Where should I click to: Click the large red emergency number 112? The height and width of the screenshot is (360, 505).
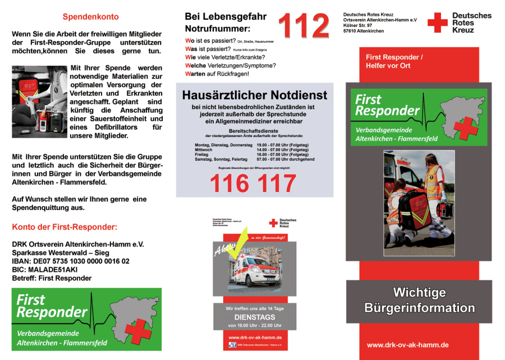coord(304,26)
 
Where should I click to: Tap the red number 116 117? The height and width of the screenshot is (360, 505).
coord(252,183)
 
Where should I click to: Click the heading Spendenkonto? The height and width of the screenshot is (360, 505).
coord(86,17)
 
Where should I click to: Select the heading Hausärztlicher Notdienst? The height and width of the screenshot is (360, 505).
coord(254,95)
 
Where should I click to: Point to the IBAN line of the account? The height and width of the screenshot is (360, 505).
coord(71,261)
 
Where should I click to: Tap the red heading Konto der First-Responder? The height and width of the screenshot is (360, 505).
coord(65,227)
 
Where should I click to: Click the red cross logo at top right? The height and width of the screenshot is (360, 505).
coord(437,22)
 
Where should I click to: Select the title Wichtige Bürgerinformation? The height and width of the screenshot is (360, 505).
coord(419,300)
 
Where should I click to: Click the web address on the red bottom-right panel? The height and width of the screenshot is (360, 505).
coord(407,345)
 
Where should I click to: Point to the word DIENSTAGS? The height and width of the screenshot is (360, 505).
coord(255,317)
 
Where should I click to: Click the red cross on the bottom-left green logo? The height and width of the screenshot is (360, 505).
coord(138,331)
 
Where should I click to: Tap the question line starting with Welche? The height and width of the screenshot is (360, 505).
coord(230,65)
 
